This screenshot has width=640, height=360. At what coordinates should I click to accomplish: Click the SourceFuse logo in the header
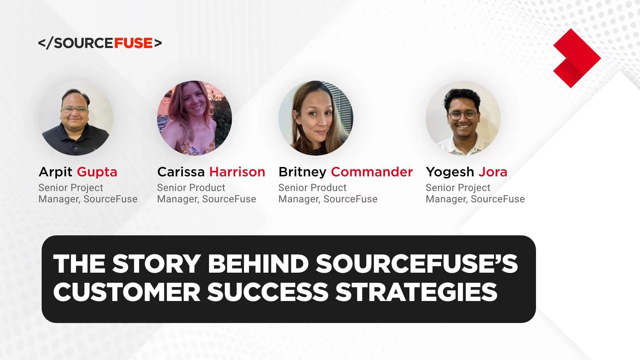click(x=100, y=43)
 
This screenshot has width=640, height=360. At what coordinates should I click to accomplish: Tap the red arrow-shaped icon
click(x=576, y=58)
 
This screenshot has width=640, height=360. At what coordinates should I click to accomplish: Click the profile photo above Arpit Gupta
click(x=76, y=118)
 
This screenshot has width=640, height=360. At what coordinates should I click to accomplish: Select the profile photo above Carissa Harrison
click(x=194, y=118)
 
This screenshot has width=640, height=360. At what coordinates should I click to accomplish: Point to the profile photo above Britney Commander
click(x=316, y=118)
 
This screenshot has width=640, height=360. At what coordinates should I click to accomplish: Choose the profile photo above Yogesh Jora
click(x=463, y=118)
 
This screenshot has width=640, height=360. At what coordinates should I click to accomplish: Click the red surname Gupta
click(x=97, y=172)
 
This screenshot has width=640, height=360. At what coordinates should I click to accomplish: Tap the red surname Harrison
click(x=237, y=172)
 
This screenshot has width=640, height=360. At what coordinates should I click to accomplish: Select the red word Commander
click(x=372, y=172)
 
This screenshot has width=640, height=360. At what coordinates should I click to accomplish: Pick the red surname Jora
click(x=493, y=172)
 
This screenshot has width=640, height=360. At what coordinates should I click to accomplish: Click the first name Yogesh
click(x=450, y=172)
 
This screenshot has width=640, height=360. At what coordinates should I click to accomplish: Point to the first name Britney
click(x=302, y=172)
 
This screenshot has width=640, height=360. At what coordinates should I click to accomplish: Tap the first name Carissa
click(x=181, y=172)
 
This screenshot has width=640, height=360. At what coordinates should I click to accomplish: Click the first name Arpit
click(x=55, y=172)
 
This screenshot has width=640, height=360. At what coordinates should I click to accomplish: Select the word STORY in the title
click(x=156, y=264)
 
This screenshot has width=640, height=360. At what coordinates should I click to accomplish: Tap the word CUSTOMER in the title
click(x=127, y=292)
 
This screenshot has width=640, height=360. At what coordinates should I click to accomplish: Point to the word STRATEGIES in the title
click(x=416, y=292)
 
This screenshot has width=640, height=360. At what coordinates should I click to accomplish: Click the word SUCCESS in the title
click(x=268, y=292)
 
